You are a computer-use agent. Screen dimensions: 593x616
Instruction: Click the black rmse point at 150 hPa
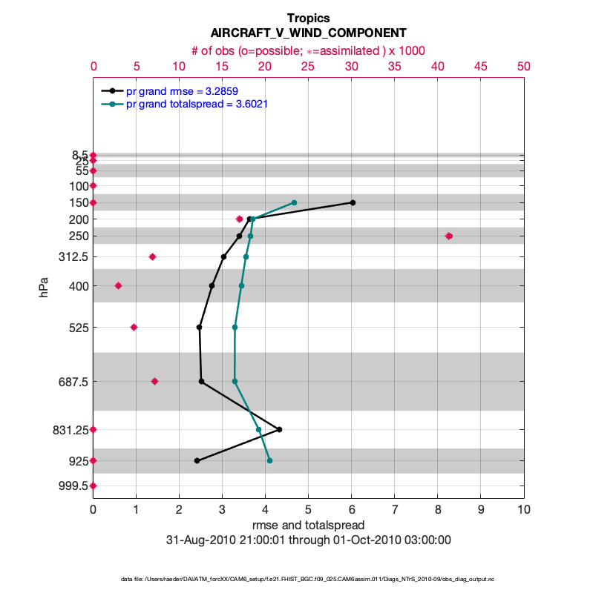(353, 202)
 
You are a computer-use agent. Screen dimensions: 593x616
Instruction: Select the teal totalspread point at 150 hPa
(295, 202)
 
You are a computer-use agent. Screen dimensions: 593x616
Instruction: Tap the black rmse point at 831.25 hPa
(279, 429)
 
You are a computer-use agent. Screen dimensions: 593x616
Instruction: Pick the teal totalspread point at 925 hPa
(269, 460)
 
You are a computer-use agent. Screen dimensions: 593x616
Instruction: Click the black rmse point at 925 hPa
(197, 460)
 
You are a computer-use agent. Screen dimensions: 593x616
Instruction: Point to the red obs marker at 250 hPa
(448, 236)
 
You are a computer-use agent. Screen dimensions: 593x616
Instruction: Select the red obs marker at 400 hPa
(118, 285)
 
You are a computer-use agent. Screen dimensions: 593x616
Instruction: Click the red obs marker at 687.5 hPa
(154, 381)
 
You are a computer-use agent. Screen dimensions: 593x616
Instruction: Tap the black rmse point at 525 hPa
(199, 327)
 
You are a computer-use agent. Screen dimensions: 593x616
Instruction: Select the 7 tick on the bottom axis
(394, 509)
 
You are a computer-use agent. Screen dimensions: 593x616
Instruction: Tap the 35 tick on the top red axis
(394, 66)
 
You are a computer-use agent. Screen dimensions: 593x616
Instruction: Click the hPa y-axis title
(45, 287)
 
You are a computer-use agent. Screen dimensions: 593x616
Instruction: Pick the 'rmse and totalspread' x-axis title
(308, 526)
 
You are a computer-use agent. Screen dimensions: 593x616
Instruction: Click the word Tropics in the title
(308, 18)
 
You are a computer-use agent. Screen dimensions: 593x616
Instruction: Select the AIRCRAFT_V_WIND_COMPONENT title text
(308, 33)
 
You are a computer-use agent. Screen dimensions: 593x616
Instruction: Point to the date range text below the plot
(308, 540)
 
